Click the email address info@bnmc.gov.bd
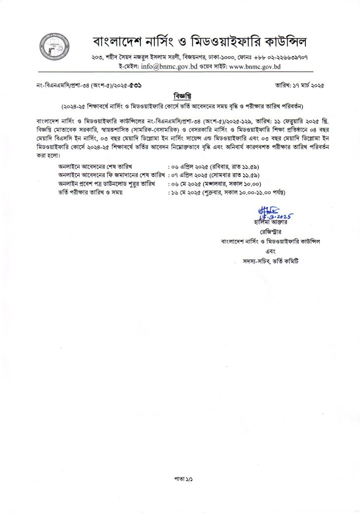(x=157, y=66)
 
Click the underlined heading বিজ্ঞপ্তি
(x=180, y=96)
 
